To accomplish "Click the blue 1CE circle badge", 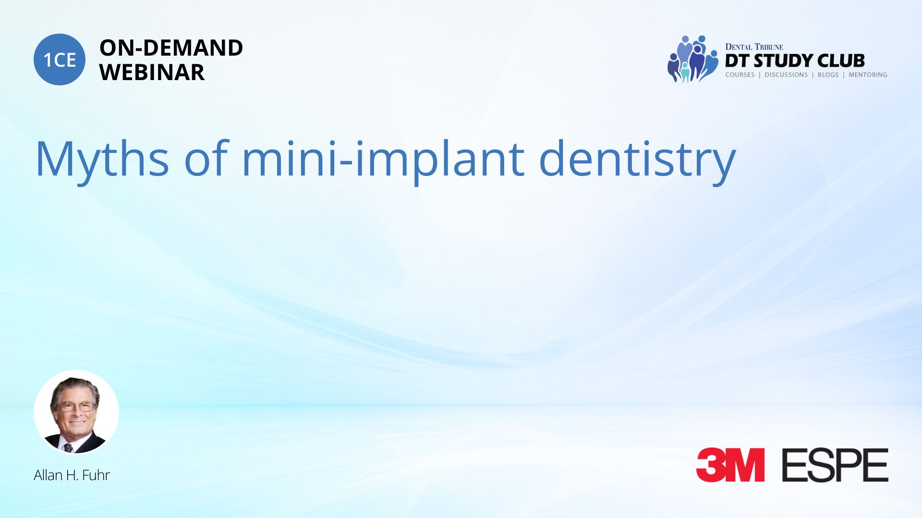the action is tap(60, 59).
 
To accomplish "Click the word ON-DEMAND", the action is tap(171, 48).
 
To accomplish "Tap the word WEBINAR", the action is tap(152, 72).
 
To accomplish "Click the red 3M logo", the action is tap(730, 465).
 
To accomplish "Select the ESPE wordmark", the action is tap(835, 465).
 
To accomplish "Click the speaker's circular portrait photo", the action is tap(76, 412).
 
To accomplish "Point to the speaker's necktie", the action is tap(68, 448).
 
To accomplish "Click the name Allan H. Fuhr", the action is tap(72, 475).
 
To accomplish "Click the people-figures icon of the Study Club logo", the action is tap(692, 59).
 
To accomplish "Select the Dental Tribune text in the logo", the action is tap(754, 47).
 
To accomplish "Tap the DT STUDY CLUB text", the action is tap(795, 61).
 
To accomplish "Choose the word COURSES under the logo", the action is tap(740, 75).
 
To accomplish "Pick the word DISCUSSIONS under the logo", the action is tap(786, 75).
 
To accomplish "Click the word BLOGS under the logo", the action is tap(828, 75).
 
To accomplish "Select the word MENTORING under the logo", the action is tap(868, 75).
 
